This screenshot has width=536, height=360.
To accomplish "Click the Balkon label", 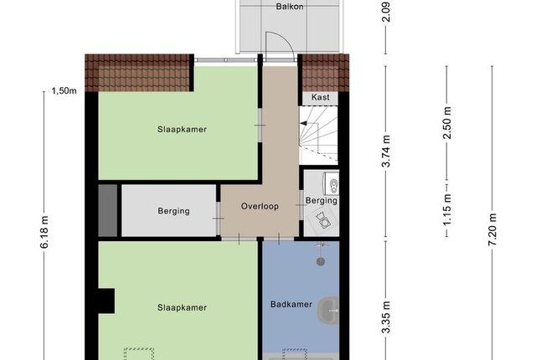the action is (290, 7).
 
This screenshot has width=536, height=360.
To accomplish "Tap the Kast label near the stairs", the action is (320, 97).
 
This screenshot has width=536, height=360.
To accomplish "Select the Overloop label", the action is (260, 206).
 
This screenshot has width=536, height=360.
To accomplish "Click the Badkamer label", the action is (291, 304).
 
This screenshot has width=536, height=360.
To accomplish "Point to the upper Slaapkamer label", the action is (182, 130).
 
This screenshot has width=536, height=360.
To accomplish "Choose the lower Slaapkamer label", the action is (182, 308).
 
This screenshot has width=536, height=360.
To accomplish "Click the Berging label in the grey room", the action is (173, 211).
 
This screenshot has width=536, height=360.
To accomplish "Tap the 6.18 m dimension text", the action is (44, 232).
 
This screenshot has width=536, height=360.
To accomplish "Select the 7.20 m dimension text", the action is (492, 229).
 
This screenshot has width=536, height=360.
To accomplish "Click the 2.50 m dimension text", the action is (446, 123).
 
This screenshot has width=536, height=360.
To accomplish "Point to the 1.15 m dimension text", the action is (446, 209).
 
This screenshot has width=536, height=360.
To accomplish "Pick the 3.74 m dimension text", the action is (386, 151).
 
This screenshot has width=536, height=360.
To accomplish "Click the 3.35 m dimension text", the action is (386, 317).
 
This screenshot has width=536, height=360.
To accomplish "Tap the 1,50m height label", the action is (64, 91).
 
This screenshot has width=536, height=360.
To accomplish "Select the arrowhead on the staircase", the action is (303, 124).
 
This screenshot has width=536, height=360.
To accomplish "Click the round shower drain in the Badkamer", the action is (320, 262).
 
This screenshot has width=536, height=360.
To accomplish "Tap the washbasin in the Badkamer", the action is (328, 311).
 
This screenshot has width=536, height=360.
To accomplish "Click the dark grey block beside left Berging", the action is (108, 210).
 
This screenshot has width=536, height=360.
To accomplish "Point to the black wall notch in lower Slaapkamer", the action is (106, 301).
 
